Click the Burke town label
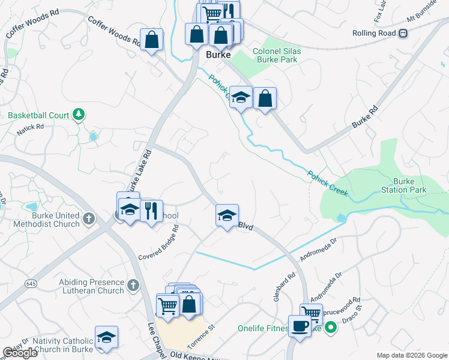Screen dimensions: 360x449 pyautogui.click(x=218, y=55)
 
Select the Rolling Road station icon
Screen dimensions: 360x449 pyautogui.click(x=403, y=34)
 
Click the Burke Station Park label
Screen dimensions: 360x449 pyautogui.click(x=403, y=185)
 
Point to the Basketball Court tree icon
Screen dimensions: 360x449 pyautogui.click(x=77, y=114)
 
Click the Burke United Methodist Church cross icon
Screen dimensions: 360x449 pyautogui.click(x=89, y=218)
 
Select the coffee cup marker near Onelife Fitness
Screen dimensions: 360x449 pyautogui.click(x=300, y=326)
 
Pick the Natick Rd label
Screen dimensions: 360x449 pyautogui.click(x=31, y=128)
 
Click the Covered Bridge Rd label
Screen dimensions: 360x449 pyautogui.click(x=159, y=243)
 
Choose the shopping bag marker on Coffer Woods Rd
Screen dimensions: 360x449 pyautogui.click(x=152, y=40)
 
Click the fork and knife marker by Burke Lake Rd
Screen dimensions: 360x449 pyautogui.click(x=151, y=211)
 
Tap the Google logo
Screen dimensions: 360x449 pyautogui.click(x=20, y=353)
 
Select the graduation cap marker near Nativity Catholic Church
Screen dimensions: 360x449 pyautogui.click(x=106, y=338)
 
